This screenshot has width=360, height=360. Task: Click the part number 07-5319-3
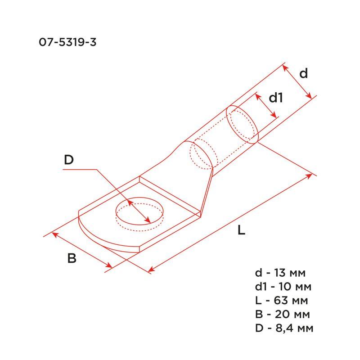(67, 43)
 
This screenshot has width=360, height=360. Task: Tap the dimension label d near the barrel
(304, 73)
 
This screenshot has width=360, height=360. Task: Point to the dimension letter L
(241, 230)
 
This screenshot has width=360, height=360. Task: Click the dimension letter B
(72, 259)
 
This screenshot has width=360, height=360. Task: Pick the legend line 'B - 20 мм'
(281, 314)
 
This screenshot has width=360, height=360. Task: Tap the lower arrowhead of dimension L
(151, 270)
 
